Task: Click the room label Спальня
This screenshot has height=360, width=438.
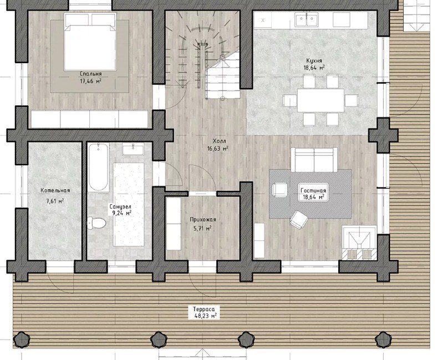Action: pos(90,74)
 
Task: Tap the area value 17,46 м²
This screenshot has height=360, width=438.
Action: pos(90,82)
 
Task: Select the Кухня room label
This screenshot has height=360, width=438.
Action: pos(314,60)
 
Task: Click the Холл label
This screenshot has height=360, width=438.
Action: pos(220,141)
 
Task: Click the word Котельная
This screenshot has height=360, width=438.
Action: pos(55,190)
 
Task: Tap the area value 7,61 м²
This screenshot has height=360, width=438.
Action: pos(55,201)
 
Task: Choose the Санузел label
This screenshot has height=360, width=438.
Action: pos(120,207)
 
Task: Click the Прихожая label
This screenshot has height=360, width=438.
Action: pos(203,220)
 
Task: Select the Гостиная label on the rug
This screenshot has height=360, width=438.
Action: pos(313,191)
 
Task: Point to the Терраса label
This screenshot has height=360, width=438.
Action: pos(204,309)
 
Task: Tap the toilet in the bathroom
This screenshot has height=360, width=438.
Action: pos(96,223)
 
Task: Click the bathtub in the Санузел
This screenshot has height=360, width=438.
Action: pos(98,167)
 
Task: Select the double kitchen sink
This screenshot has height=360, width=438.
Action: pos(307,20)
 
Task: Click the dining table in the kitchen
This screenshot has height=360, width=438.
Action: pos(320,100)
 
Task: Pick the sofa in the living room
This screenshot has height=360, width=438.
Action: pos(314,160)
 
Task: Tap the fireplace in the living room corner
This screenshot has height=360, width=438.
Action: pos(359,242)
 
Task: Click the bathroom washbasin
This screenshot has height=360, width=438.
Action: pos(133,149)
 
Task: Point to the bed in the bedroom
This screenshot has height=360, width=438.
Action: pos(90,42)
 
